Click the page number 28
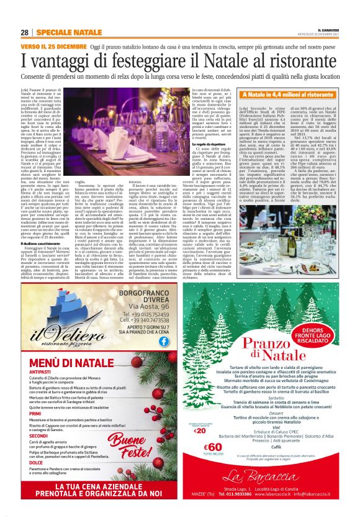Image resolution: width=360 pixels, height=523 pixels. tap(24, 32)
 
